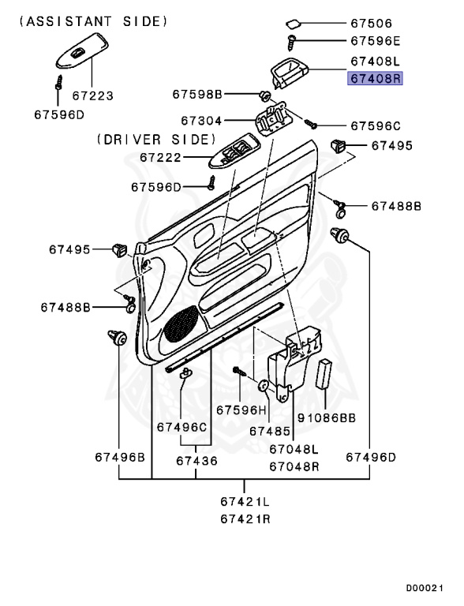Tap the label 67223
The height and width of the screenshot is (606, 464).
[x=93, y=96]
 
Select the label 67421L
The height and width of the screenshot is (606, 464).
[x=244, y=501]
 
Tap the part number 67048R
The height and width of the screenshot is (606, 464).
[x=294, y=466]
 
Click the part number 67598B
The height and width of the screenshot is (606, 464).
[x=198, y=95]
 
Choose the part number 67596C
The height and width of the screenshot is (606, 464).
[x=376, y=125]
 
